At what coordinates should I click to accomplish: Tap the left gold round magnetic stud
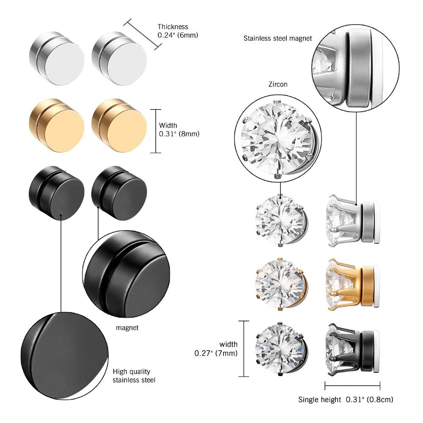[x=56, y=126]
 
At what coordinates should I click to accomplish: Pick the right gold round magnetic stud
[x=119, y=126]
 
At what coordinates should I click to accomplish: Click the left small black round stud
[x=56, y=193]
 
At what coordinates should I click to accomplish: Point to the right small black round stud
[x=119, y=193]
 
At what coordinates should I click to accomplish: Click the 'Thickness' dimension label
[x=173, y=27]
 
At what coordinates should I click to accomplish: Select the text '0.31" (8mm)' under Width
[x=179, y=134]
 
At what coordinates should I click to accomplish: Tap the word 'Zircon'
[x=277, y=84]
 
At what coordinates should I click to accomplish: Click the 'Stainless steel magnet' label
[x=277, y=38]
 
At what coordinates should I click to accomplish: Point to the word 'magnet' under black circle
[x=127, y=328]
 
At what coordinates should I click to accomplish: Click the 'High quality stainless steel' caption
[x=134, y=376]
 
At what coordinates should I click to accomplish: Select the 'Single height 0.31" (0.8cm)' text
[x=346, y=399]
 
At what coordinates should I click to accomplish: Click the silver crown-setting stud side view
[x=353, y=220]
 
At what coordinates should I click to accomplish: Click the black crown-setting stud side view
[x=353, y=349]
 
